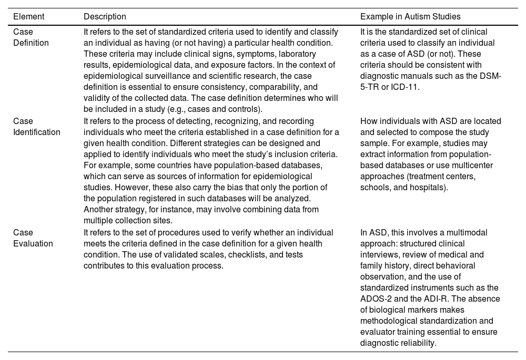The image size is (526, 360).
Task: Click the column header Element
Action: (29, 17)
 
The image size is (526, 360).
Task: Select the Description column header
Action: (105, 17)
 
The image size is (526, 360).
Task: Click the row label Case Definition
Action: (31, 37)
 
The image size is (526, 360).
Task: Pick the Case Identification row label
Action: (36, 127)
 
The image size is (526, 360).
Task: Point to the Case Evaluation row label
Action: (33, 238)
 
